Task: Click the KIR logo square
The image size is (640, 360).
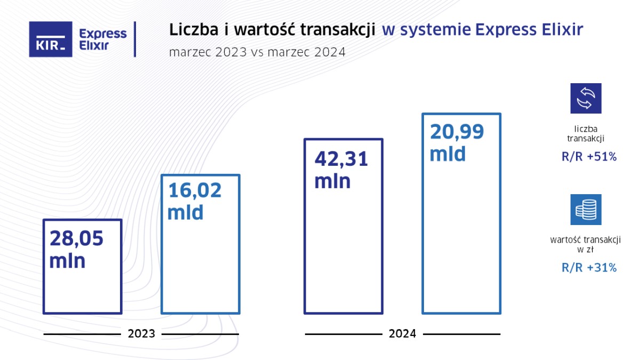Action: point(50,39)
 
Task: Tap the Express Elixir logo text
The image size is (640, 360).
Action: point(102,39)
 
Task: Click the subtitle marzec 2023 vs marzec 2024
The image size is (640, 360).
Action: point(257,52)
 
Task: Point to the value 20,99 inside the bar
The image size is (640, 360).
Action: point(457,132)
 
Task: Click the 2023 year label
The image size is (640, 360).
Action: point(141,334)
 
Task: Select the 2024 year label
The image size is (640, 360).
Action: point(402,334)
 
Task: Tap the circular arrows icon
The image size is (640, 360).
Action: point(586,98)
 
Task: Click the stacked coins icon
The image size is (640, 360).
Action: point(586,210)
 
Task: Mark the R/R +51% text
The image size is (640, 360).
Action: point(589,157)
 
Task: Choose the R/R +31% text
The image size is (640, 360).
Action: point(589,268)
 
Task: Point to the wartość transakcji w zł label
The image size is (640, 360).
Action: point(586,244)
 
